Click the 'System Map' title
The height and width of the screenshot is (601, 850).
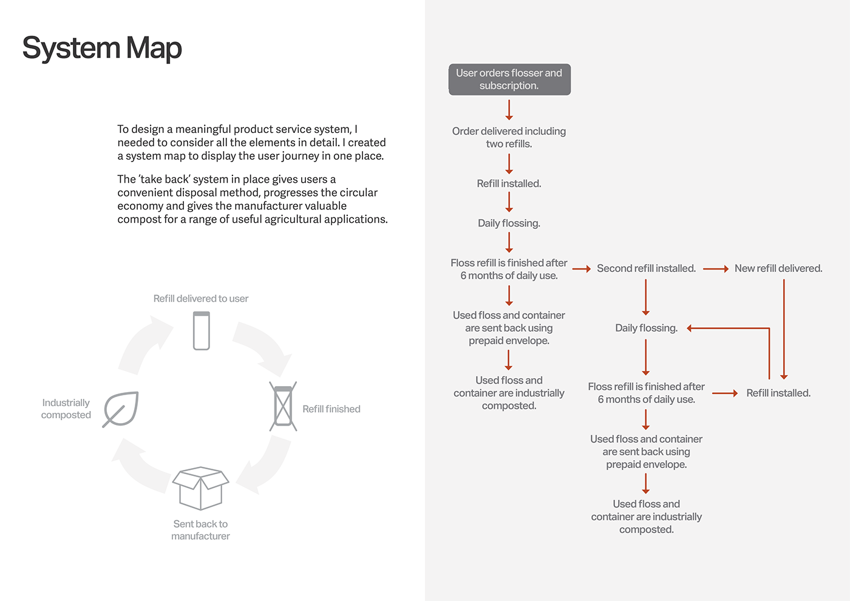[x=102, y=49]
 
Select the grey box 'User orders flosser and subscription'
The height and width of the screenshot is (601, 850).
[x=509, y=80]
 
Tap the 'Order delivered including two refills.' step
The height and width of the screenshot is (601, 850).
[x=509, y=137]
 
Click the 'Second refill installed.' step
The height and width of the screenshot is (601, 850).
[x=646, y=268]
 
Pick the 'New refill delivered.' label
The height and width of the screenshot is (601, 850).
[x=778, y=268]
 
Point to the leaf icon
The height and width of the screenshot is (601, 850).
[x=121, y=409]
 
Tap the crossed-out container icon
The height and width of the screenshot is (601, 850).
[x=283, y=406]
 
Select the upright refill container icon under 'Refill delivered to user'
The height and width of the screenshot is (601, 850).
[x=202, y=331]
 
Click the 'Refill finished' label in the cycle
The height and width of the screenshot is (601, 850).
[x=331, y=409]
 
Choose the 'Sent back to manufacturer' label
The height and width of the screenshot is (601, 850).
[x=200, y=530]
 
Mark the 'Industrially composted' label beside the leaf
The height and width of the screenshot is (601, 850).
[x=66, y=409]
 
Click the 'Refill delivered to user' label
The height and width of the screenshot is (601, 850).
[x=201, y=299]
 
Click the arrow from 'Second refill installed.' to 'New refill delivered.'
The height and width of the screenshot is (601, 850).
[x=715, y=268]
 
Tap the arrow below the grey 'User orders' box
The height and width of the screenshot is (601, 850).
[x=509, y=110]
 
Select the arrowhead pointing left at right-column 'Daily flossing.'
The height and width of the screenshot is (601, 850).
[x=690, y=328]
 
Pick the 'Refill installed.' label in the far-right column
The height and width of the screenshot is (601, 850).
[x=778, y=393]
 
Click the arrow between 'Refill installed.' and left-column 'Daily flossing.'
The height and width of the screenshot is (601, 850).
[x=509, y=202]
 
